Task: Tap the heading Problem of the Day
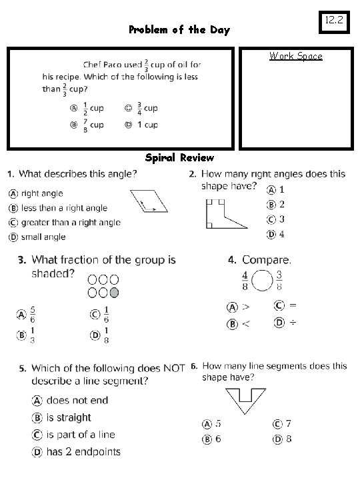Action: coord(179,30)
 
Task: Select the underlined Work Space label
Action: coord(295,56)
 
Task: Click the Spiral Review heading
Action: coord(179,158)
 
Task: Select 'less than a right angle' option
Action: coord(63,208)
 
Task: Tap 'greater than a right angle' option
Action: coord(70,223)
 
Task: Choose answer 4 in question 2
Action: coord(281,234)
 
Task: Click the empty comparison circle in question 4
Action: coord(263,281)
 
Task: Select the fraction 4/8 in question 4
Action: coord(245,280)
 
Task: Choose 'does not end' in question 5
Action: coord(77,400)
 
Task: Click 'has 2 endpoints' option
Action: coord(83,452)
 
